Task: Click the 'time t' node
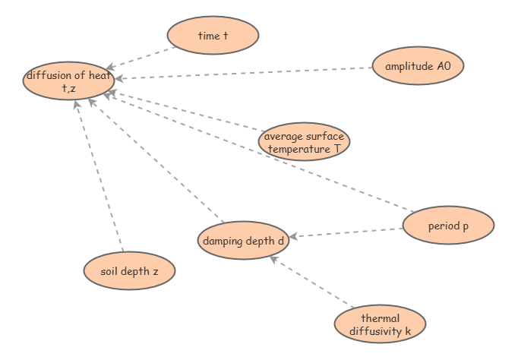point(213,36)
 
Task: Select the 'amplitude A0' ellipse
point(418,66)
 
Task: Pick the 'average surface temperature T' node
point(304,142)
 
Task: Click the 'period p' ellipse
point(448,226)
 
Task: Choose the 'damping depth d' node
point(243,242)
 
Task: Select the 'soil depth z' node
point(129,271)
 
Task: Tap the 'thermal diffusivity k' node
point(380,324)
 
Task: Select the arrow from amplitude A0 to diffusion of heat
point(243,73)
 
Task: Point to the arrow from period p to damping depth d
point(346,232)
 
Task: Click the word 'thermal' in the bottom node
point(380,318)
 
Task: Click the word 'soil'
point(111,271)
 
